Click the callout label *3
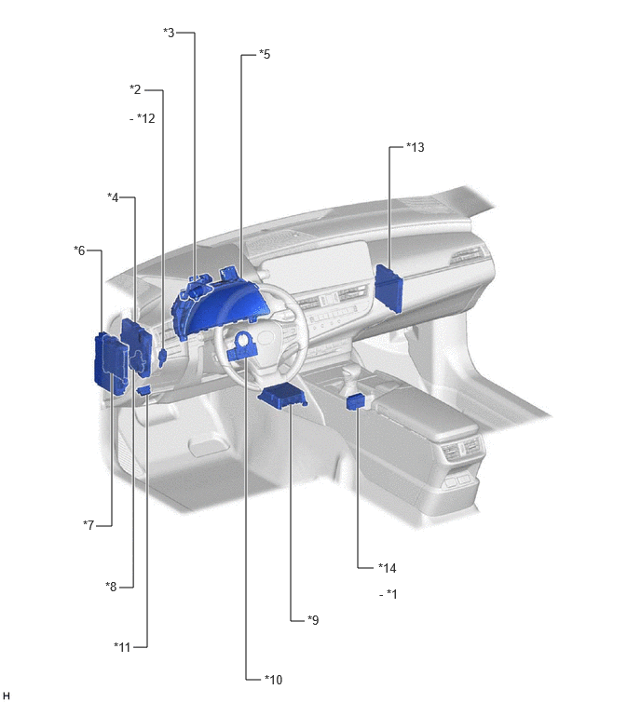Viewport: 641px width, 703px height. (170, 33)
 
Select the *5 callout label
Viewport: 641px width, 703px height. (265, 54)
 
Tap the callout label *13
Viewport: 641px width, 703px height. (415, 147)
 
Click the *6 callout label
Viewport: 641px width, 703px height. (79, 250)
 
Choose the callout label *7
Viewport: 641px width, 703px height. (89, 524)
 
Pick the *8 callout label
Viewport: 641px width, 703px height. (111, 586)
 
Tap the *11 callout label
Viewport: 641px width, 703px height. (121, 647)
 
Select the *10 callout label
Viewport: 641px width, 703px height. (273, 680)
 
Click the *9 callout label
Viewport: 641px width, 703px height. (313, 620)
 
